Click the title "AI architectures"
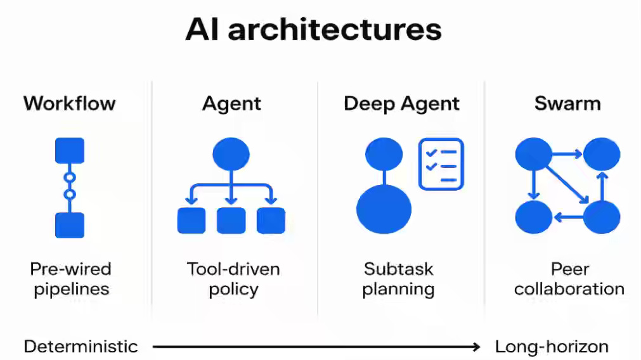[x=313, y=30]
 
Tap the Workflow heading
[x=70, y=103]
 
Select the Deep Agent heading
[x=401, y=103]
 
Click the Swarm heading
[x=567, y=103]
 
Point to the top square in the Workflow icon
[x=70, y=150]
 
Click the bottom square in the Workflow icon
[x=70, y=225]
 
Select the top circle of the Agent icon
[x=231, y=154]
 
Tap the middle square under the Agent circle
[x=231, y=220]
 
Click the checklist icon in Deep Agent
[x=441, y=164]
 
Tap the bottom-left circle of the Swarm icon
[x=533, y=217]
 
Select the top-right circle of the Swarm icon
[x=601, y=154]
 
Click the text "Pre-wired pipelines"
[x=71, y=279]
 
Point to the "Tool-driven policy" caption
[x=233, y=279]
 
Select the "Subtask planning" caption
[x=398, y=279]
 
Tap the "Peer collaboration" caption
[x=569, y=279]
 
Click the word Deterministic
[x=81, y=347]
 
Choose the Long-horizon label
[x=552, y=347]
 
